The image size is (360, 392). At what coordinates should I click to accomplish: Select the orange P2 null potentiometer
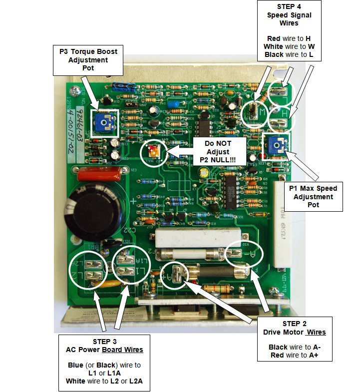(153, 151)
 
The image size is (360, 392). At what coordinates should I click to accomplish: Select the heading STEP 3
(104, 342)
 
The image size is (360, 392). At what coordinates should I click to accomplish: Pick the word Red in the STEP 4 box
(274, 38)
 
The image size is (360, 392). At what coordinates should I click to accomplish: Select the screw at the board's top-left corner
(75, 91)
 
